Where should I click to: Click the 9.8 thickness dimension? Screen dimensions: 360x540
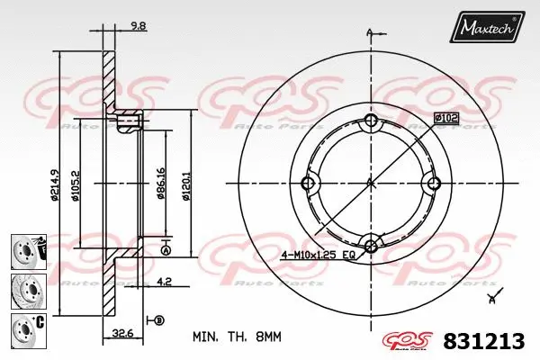click(x=139, y=27)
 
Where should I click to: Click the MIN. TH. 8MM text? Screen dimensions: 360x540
click(x=238, y=337)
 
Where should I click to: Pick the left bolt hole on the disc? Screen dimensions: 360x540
click(x=309, y=184)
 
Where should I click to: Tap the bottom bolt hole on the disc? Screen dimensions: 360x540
click(x=371, y=244)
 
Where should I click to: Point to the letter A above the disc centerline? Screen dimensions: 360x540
click(x=370, y=33)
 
